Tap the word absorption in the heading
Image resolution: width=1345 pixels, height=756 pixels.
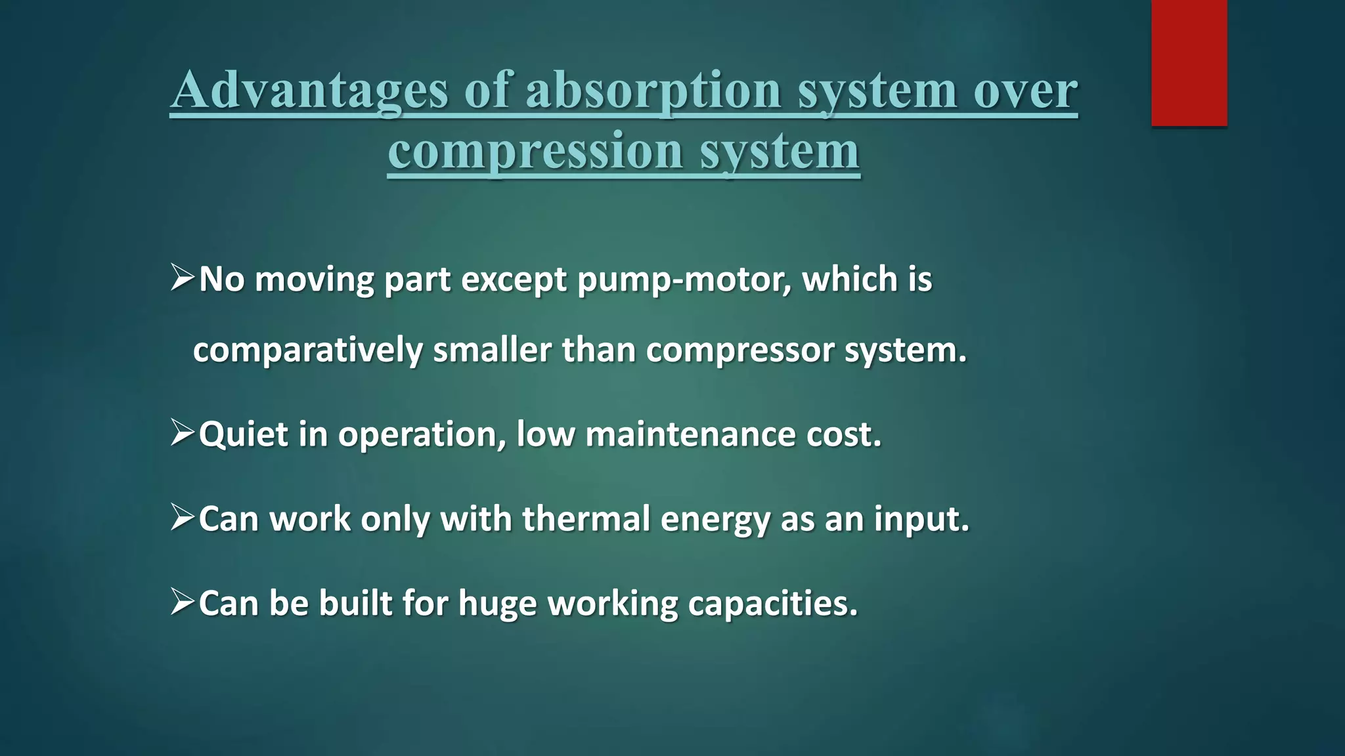coord(653,90)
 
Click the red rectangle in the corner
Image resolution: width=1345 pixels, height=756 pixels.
coord(1189,62)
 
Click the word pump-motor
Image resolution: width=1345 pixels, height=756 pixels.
coord(684,280)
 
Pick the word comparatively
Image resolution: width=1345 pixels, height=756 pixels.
coord(307,350)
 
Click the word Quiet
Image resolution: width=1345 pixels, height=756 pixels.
coord(243,434)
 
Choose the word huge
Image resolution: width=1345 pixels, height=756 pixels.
coord(497,604)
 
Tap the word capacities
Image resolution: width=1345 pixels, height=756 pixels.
coord(772,604)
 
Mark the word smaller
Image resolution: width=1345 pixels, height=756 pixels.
coord(492,350)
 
